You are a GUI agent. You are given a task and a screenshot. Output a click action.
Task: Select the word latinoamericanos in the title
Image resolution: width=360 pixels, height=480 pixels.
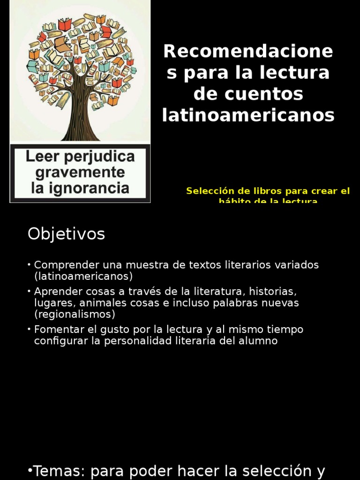click(248, 115)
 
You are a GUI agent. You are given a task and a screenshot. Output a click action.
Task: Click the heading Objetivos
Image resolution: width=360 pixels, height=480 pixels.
click(66, 233)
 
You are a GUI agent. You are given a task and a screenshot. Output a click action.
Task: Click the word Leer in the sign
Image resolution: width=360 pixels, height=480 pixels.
click(43, 157)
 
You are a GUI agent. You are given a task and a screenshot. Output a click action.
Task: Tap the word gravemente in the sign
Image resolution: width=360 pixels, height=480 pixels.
click(80, 172)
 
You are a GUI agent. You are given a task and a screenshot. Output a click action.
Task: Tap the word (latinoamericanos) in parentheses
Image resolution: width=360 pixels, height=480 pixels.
click(83, 276)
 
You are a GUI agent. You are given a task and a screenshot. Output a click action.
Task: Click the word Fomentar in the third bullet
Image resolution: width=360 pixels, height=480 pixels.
click(57, 330)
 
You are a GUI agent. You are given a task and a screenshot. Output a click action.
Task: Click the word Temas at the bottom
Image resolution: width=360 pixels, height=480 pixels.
click(60, 471)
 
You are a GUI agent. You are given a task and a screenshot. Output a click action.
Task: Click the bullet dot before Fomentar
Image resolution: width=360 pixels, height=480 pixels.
click(30, 330)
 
